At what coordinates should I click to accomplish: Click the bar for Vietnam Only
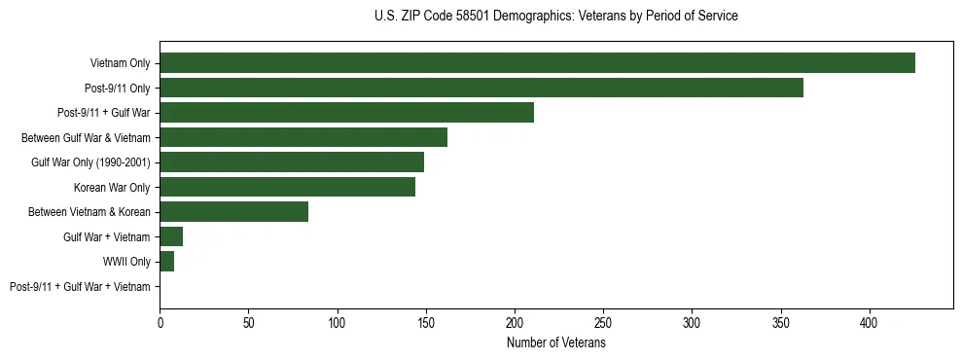pos(537,63)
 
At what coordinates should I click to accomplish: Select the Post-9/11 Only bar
pos(481,88)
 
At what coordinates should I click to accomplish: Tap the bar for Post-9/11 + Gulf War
pos(347,113)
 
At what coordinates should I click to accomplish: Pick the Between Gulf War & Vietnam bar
pos(303,137)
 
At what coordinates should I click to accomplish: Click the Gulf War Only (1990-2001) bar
pos(292,162)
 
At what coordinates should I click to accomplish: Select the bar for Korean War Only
pos(288,187)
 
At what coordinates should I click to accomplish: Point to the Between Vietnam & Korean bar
pos(234,212)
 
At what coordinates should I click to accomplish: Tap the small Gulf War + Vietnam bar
pos(171,236)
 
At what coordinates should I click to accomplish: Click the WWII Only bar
pos(167,262)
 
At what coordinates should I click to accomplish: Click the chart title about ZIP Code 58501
pos(555,17)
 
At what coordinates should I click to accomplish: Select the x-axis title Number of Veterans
pos(555,343)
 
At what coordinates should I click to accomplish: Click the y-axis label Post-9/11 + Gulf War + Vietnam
pos(80,287)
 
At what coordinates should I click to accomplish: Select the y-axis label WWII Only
pos(126,262)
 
